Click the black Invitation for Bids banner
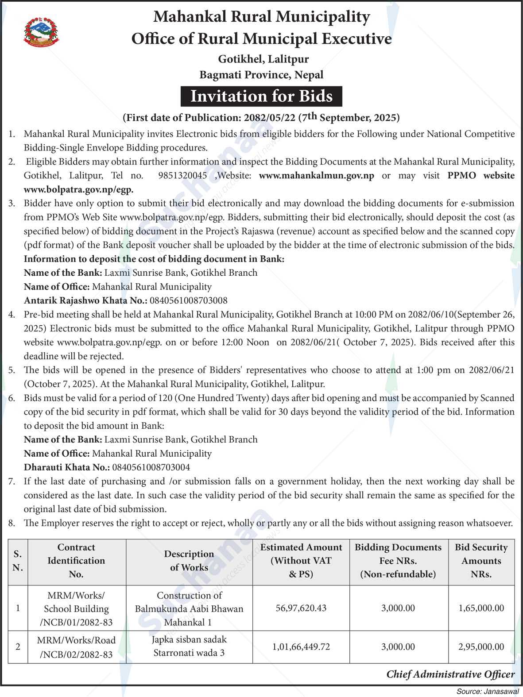pos(261,96)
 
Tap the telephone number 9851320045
pos(182,175)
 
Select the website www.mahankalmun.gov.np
pos(316,175)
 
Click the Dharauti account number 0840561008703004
pos(151,467)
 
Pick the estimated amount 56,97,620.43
pos(301,608)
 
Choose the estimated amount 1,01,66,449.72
pos(301,647)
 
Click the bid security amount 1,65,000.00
pos(481,608)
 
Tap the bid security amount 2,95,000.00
pos(481,647)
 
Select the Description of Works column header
pos(189,561)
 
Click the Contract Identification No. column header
pos(76,561)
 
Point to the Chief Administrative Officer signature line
pos(450,674)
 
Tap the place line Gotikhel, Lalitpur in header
pos(263,59)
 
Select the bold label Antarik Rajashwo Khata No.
pos(85,300)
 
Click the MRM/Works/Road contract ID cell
pos(76,647)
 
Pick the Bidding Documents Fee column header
pos(398,561)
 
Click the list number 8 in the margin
pos(12,523)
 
